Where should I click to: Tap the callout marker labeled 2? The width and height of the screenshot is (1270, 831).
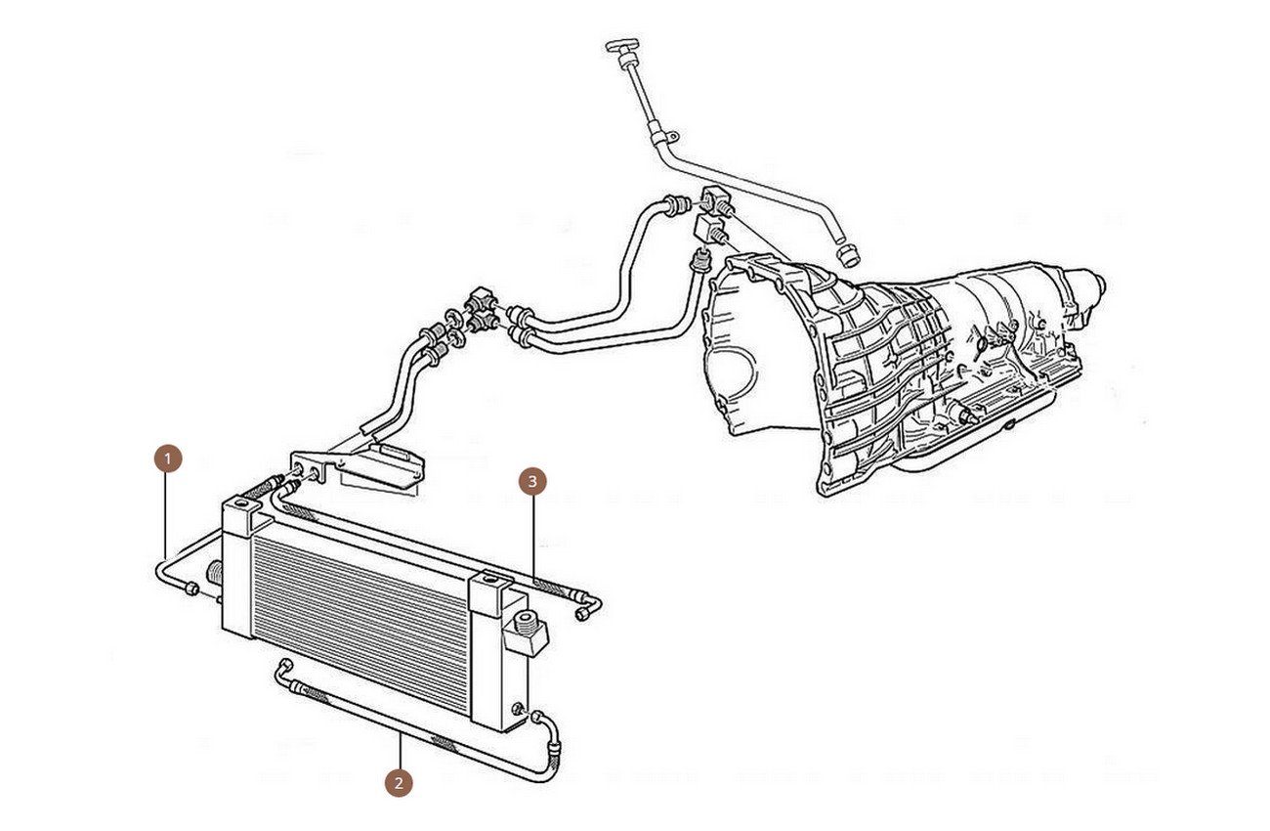pyautogui.click(x=399, y=783)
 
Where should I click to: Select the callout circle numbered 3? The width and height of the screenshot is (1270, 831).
pyautogui.click(x=532, y=482)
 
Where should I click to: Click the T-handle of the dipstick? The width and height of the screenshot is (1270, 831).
pyautogui.click(x=622, y=48)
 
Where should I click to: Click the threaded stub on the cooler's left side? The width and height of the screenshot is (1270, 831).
pyautogui.click(x=215, y=572)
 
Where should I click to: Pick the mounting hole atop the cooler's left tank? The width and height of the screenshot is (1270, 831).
pyautogui.click(x=242, y=504)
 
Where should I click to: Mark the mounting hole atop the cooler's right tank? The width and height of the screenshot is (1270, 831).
pyautogui.click(x=492, y=580)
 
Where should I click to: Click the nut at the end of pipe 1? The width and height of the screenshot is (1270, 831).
pyautogui.click(x=191, y=589)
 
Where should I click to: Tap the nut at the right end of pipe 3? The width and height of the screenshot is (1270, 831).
pyautogui.click(x=581, y=614)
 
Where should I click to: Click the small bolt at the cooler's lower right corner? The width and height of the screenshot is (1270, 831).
pyautogui.click(x=518, y=709)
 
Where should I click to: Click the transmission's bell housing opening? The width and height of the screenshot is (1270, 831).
pyautogui.click(x=732, y=363)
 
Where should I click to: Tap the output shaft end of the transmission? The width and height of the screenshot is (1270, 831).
pyautogui.click(x=1098, y=282)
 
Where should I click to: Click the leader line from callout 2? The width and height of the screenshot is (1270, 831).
pyautogui.click(x=401, y=751)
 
